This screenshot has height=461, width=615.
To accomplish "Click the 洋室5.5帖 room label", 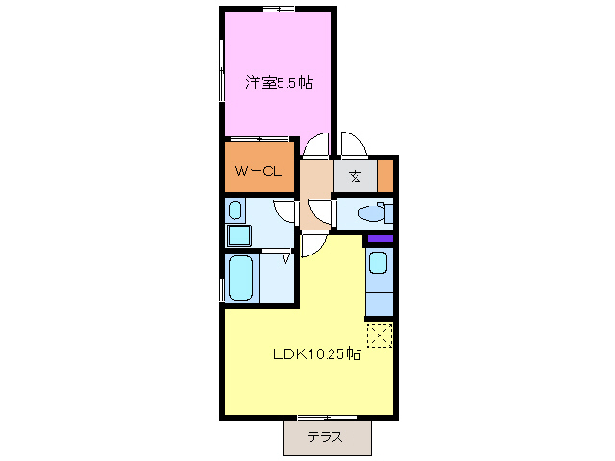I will (x=278, y=84).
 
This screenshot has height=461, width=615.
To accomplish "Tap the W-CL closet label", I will (x=258, y=173).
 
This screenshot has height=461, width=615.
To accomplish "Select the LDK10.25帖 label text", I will (x=315, y=353).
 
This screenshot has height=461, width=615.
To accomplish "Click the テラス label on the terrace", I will (x=327, y=438).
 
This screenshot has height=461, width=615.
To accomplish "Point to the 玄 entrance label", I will (x=355, y=177).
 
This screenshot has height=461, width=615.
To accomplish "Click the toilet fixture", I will (x=370, y=213).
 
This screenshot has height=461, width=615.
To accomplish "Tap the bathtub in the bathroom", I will (x=240, y=279).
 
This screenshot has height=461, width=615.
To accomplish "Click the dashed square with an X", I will (x=380, y=335).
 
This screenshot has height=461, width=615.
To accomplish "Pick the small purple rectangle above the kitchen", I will (x=381, y=238).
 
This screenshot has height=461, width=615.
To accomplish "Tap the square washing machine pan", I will (x=236, y=234).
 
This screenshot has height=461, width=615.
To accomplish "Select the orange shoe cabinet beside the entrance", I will (x=385, y=177).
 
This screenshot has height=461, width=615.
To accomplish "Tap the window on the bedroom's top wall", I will (x=278, y=9).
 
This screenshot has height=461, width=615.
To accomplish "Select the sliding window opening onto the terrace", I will (x=322, y=418).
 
